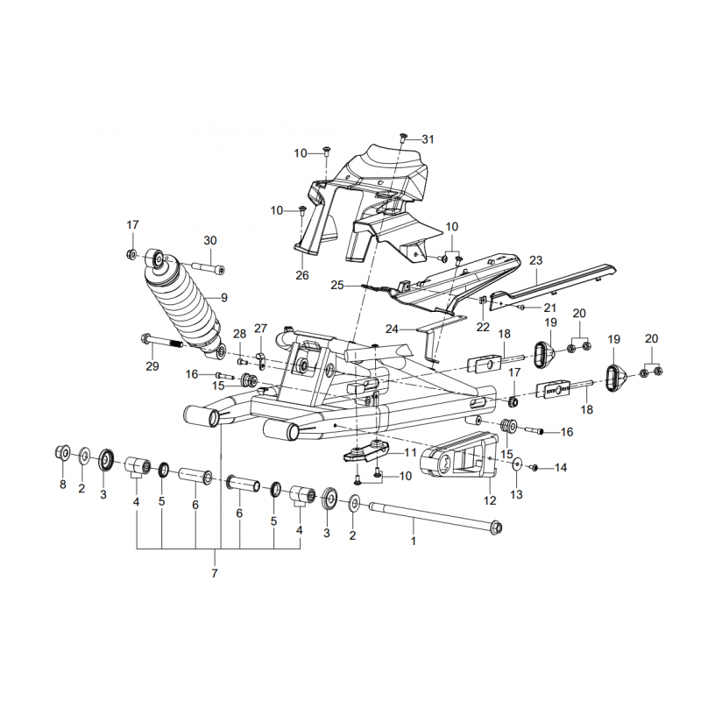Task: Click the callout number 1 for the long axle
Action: pos(414,541)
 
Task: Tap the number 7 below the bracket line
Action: pos(215,574)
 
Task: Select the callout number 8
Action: pos(62,485)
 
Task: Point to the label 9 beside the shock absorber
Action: pos(224,298)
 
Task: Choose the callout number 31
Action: pos(428,139)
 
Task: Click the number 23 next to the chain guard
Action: pos(536,260)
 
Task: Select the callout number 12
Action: pos(490,500)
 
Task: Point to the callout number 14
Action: pos(561,468)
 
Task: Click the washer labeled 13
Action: pos(517,464)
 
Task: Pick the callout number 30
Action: pos(209,241)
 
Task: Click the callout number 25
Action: pos(338,286)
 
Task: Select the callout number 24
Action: pos(392,329)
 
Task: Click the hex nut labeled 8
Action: pos(62,453)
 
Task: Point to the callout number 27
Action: pos(260,329)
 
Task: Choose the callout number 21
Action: pos(549,308)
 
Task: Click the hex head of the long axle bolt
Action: pos(496,528)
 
